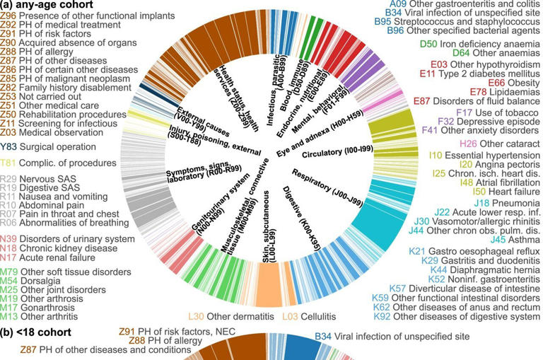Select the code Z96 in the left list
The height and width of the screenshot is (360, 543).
point(9,14)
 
